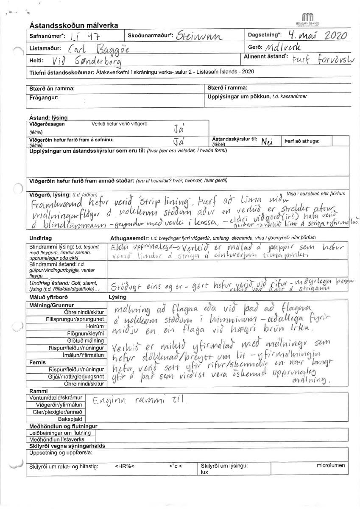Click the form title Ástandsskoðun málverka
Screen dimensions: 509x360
pyautogui.click(x=74, y=26)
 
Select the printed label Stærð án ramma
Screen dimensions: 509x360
pyautogui.click(x=53, y=89)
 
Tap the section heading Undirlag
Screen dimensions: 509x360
pyautogui.click(x=41, y=238)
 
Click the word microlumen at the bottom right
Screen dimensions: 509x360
pyautogui.click(x=330, y=465)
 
